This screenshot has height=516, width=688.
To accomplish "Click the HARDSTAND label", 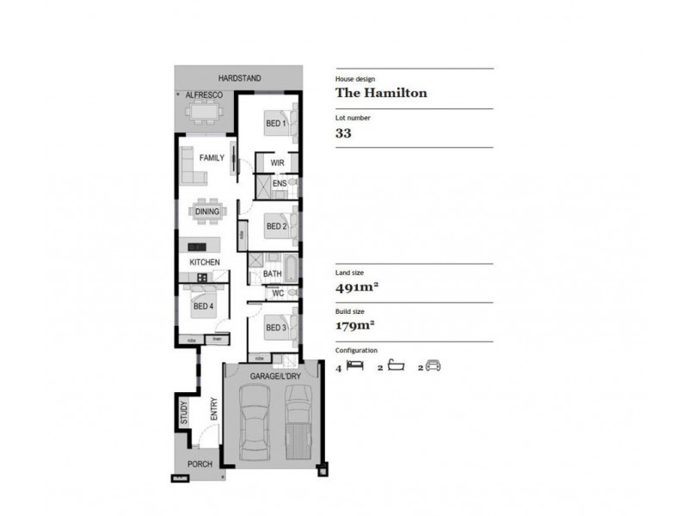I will pos(239,78).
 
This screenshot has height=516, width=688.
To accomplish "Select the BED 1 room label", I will pos(275,123).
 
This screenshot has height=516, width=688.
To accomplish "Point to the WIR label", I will pos(277,163).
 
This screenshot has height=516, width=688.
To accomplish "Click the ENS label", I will pos(279,183).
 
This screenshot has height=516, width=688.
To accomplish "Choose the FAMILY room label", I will pos(212,158).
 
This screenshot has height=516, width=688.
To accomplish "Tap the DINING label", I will pos(207,212).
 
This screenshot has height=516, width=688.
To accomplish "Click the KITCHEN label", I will pos(205,262).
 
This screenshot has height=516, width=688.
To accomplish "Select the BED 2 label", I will pos(275,227).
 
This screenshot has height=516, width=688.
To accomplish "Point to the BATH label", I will pos(273,274).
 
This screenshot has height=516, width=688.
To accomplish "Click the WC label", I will pos(278,293).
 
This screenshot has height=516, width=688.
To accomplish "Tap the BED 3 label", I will pos(275,328).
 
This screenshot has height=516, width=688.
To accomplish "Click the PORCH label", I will pos(200,464).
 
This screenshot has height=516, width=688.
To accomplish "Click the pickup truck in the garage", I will pos(298,421).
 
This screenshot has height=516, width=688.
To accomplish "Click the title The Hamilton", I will pos(381,94).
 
